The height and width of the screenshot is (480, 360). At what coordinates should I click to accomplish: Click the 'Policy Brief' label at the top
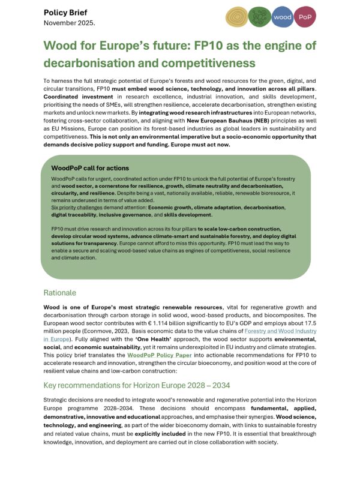point(66,13)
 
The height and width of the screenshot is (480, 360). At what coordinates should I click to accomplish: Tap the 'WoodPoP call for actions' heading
point(90,168)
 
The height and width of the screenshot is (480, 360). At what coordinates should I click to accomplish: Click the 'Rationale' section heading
point(60,292)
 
